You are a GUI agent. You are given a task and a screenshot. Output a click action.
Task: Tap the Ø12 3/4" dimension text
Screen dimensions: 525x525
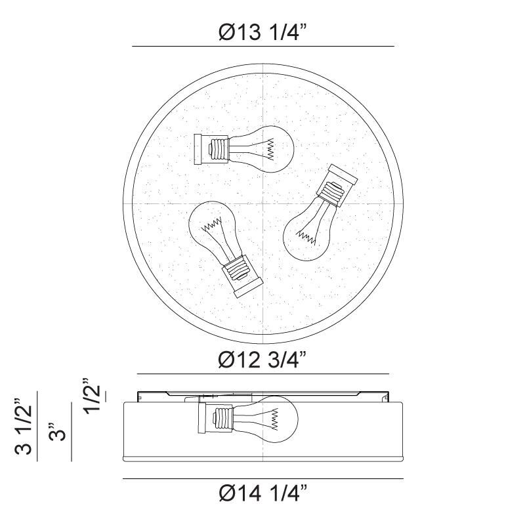pyautogui.click(x=262, y=360)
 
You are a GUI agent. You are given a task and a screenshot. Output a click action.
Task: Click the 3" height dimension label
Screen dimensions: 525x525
pyautogui.click(x=57, y=432)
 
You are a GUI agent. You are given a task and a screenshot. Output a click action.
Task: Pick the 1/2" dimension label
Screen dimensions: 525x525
pyautogui.click(x=91, y=396)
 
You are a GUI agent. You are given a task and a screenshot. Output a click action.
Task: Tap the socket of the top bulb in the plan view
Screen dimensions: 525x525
pyautogui.click(x=211, y=150)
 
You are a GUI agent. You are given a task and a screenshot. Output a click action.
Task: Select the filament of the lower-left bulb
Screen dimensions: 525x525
pyautogui.click(x=211, y=225)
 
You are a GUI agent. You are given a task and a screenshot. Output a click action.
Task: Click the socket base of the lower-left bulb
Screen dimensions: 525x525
pyautogui.click(x=243, y=276)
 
